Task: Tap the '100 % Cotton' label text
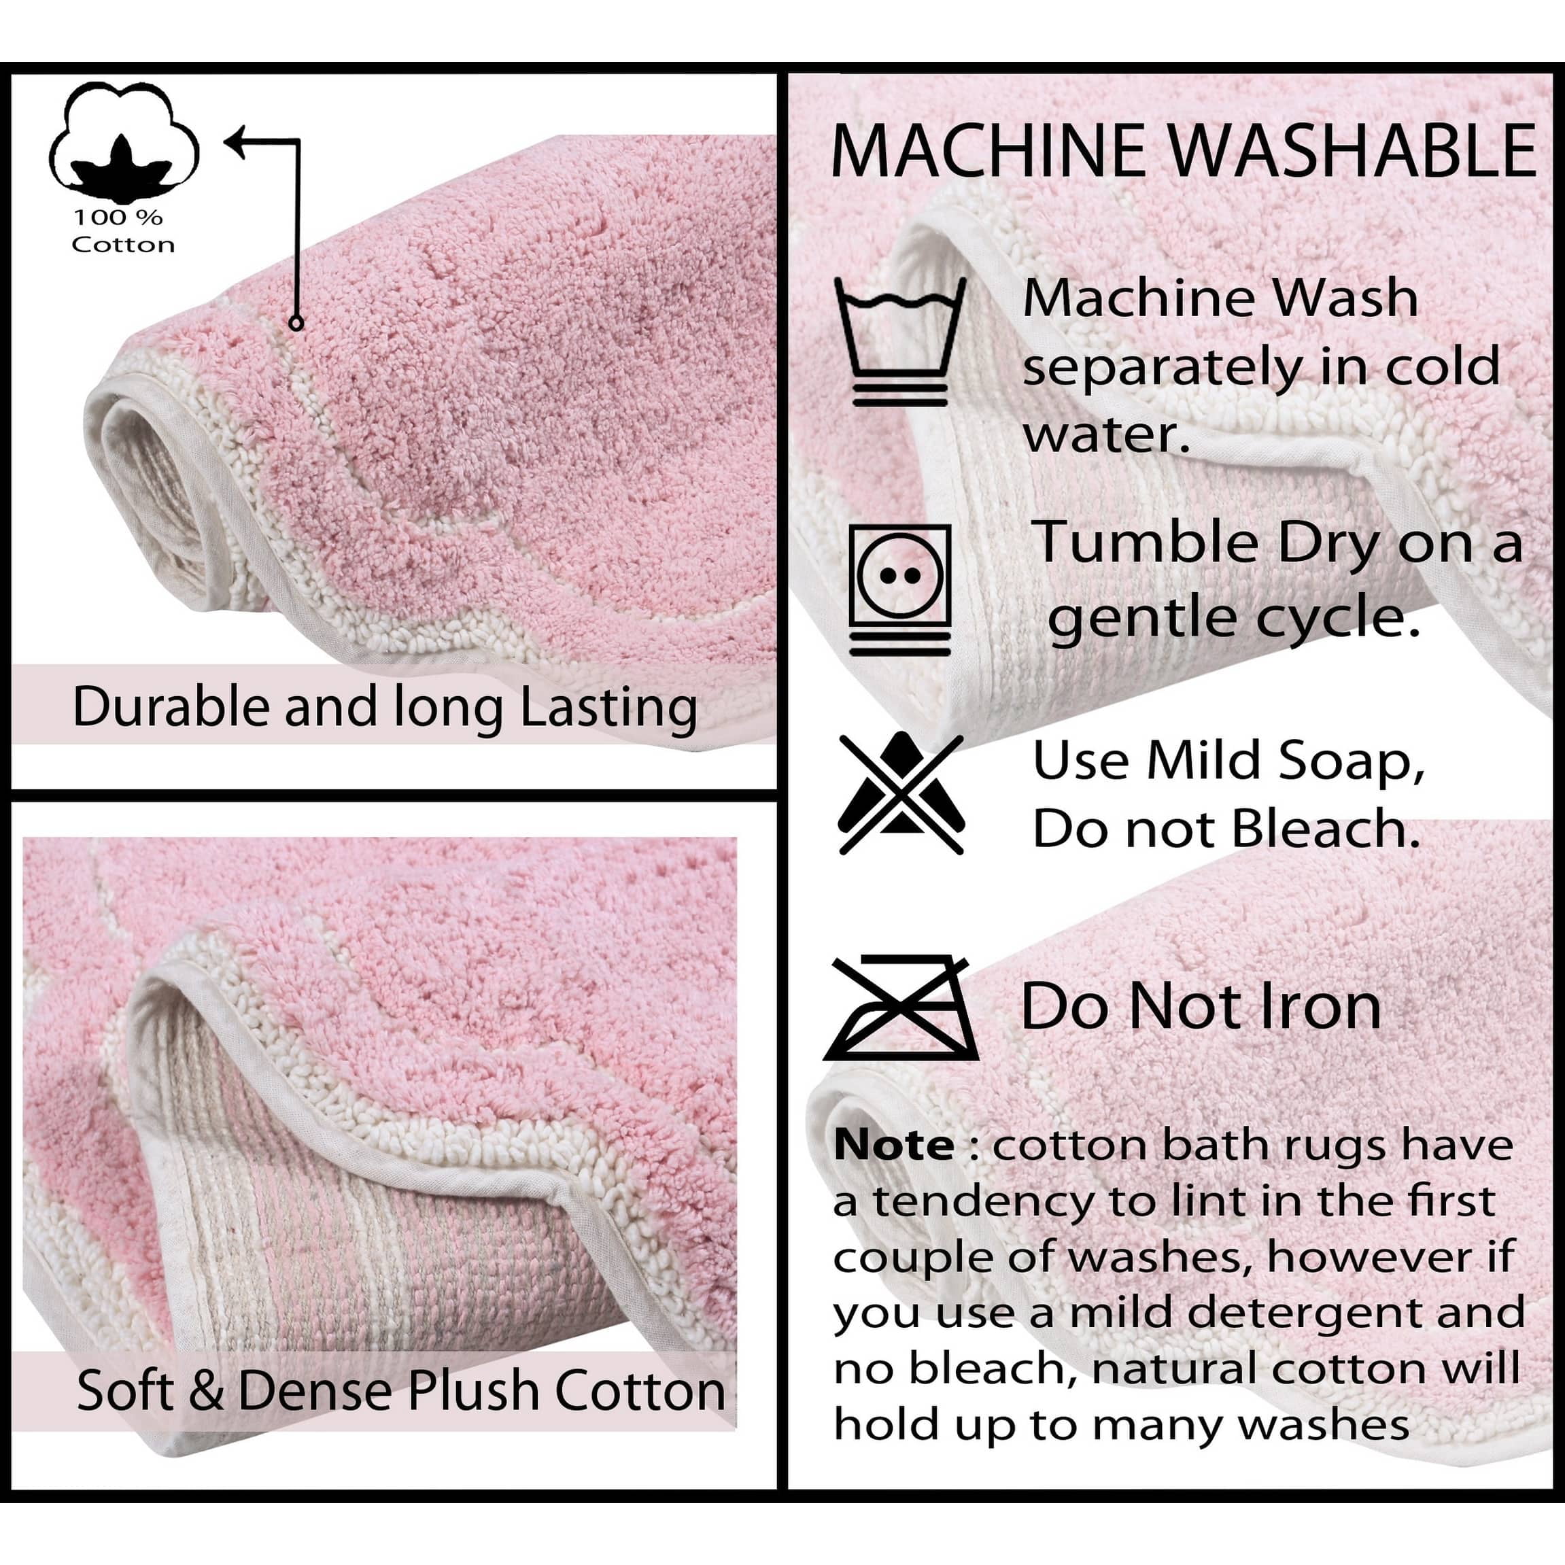coord(122,231)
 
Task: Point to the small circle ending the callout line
coord(296,323)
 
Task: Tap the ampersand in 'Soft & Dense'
coord(207,1391)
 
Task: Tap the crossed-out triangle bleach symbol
coord(901,794)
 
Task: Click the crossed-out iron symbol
coord(901,1008)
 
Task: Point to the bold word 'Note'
coord(893,1146)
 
